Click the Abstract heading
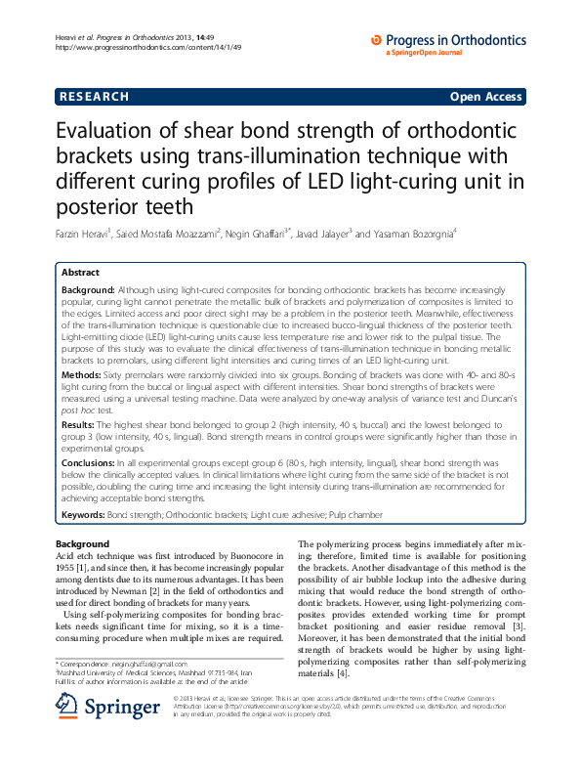pos(80,273)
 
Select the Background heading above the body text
pos(83,543)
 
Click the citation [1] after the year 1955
pos(86,567)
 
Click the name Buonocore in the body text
pos(255,555)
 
